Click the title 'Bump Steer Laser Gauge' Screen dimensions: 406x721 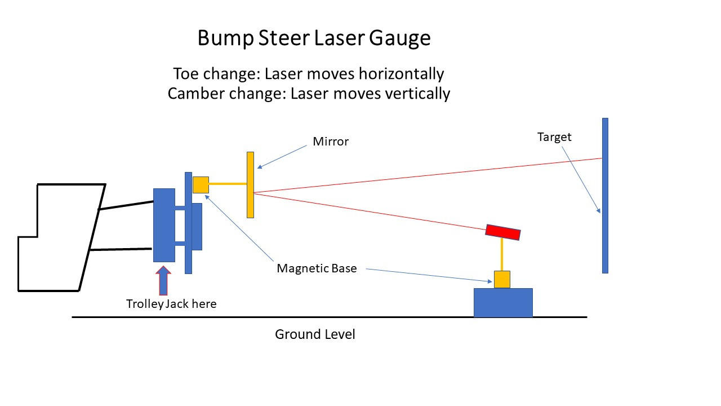(314, 38)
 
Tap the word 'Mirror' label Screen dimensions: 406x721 (331, 142)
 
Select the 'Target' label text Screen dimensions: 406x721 (554, 137)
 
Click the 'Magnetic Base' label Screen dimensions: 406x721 (317, 268)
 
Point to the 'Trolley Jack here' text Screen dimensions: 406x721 (171, 304)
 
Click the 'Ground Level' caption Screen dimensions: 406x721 (315, 334)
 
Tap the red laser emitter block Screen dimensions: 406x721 (503, 232)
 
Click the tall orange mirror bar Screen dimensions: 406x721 (250, 184)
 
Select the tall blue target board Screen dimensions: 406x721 (605, 195)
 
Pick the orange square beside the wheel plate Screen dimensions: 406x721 (201, 185)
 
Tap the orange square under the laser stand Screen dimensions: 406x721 (502, 279)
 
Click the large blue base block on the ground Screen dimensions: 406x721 (503, 303)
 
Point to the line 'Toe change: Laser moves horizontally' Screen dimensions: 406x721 (308, 74)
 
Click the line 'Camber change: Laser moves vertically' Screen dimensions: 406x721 (309, 93)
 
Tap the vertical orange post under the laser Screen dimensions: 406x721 (502, 254)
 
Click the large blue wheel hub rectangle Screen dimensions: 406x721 (164, 225)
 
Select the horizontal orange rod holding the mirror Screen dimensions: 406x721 (228, 184)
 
